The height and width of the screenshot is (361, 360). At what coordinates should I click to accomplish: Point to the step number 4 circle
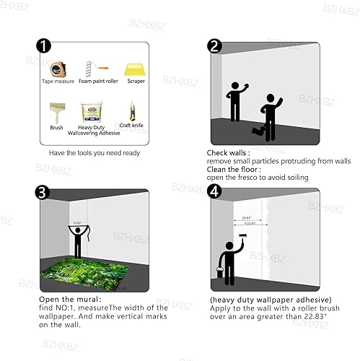click(x=214, y=193)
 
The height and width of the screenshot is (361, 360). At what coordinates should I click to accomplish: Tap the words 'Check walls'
click(x=228, y=153)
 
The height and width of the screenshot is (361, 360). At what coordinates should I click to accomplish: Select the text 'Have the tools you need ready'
click(x=95, y=153)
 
